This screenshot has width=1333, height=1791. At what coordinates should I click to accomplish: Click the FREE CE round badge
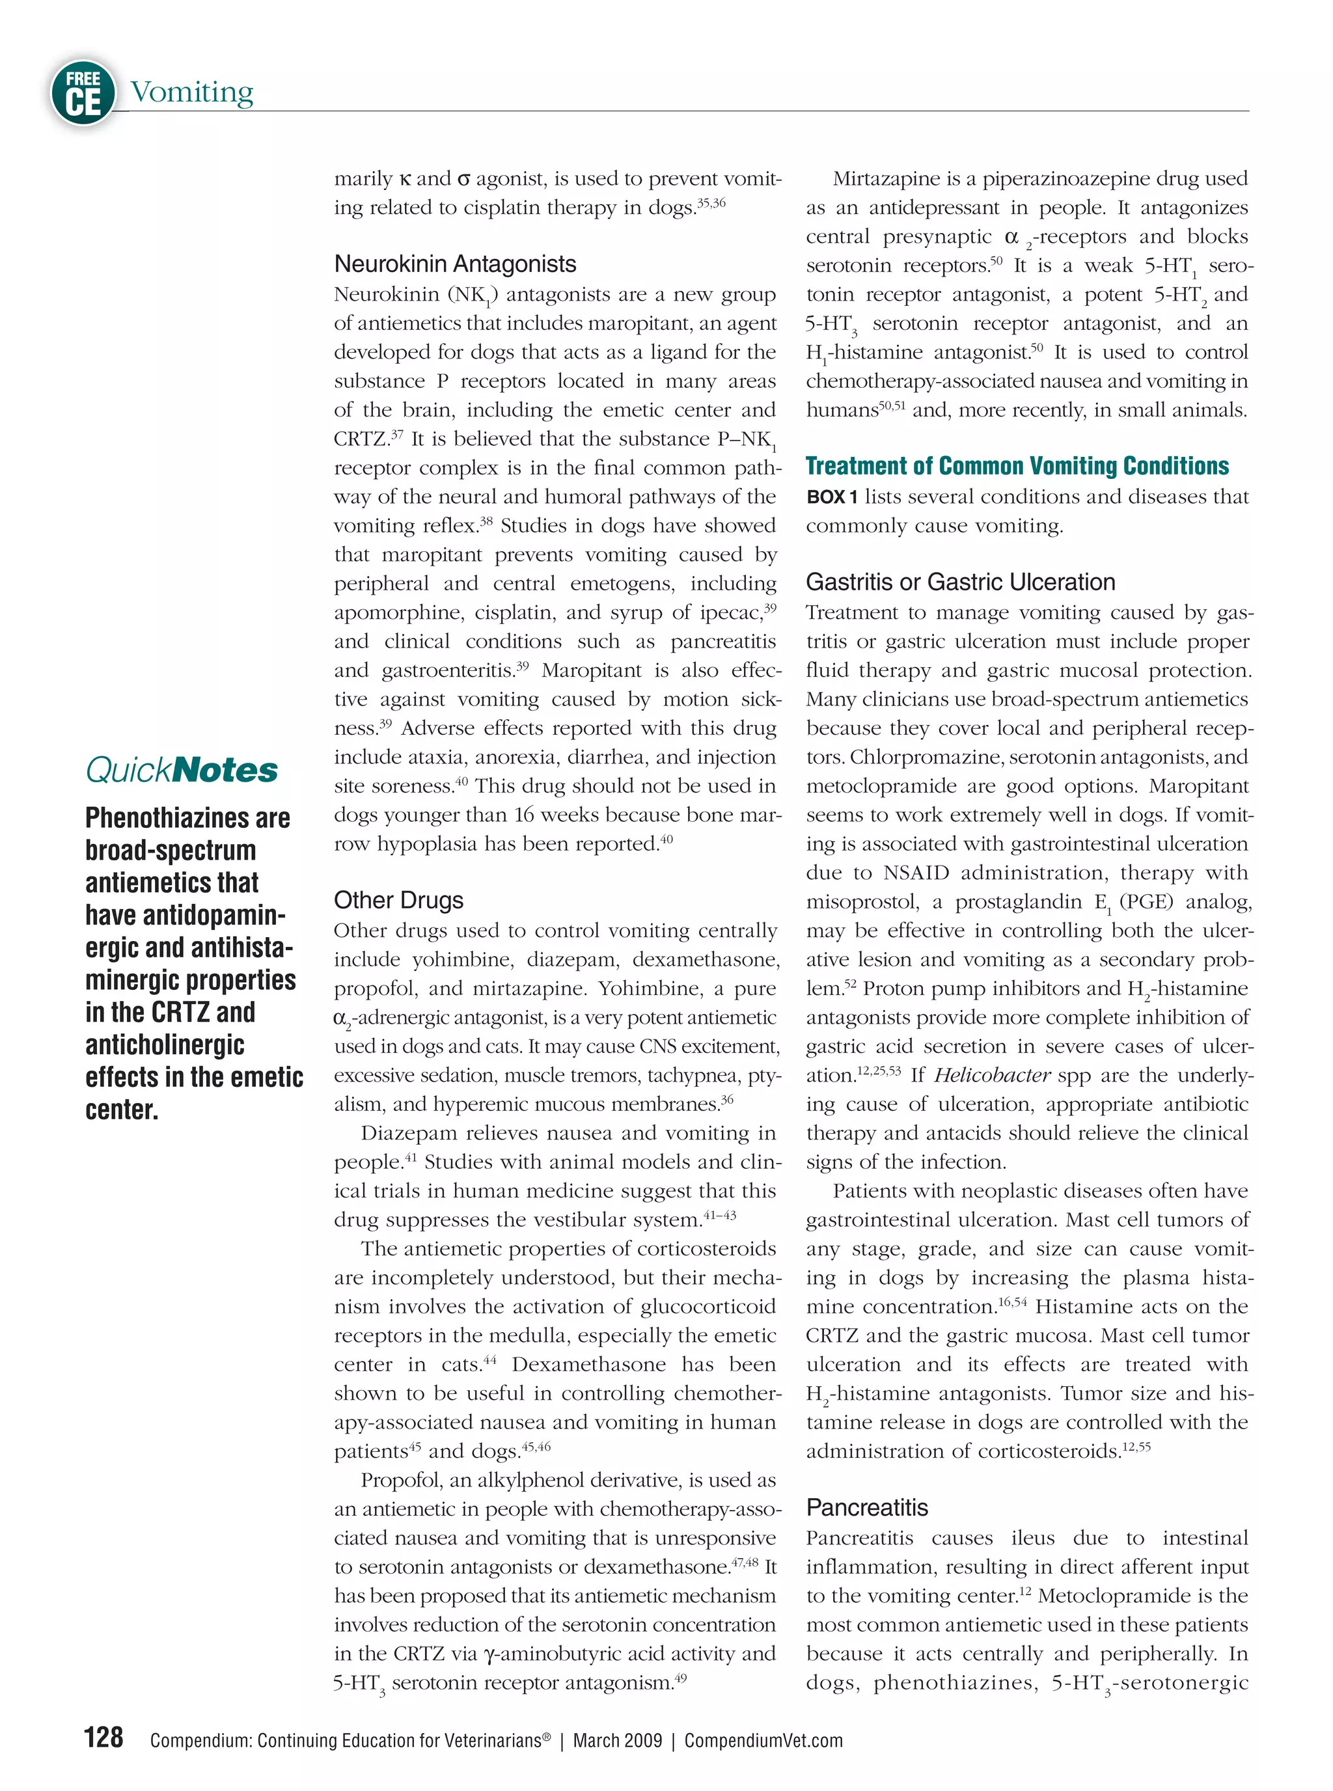[82, 93]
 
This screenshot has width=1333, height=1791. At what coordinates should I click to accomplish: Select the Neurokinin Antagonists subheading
[455, 264]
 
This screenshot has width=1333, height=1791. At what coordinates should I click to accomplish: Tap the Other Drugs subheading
[398, 899]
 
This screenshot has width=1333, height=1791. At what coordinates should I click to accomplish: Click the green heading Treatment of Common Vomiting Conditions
[1017, 467]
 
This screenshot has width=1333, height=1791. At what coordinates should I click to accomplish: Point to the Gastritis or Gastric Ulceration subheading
[960, 582]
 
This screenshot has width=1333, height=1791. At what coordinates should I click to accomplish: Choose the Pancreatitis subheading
[866, 1507]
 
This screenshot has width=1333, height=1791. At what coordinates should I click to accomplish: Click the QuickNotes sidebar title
[182, 770]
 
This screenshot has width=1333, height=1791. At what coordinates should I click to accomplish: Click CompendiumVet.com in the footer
[763, 1740]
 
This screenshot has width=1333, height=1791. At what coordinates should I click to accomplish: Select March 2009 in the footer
[617, 1740]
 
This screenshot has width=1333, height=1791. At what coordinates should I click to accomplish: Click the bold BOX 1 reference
[831, 497]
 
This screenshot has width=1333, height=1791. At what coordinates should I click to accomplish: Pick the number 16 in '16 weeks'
[525, 815]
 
